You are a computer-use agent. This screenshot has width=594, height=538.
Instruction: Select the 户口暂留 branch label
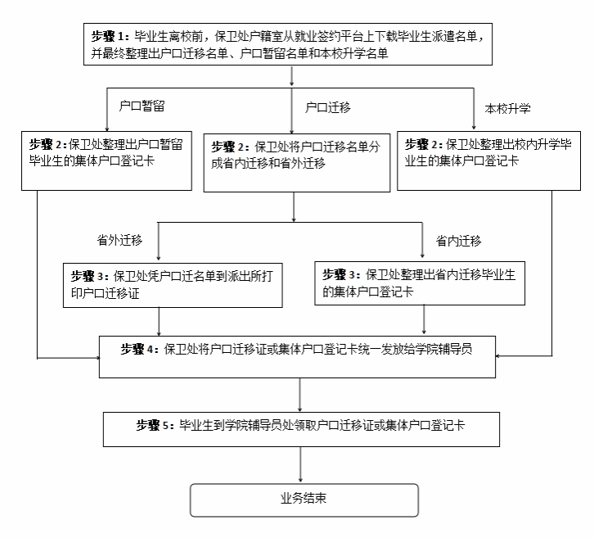click(137, 106)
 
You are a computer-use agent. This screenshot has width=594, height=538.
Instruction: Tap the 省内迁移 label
click(458, 241)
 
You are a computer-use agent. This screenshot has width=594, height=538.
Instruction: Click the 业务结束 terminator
click(304, 500)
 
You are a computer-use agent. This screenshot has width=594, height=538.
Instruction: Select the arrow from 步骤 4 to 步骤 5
click(302, 395)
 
